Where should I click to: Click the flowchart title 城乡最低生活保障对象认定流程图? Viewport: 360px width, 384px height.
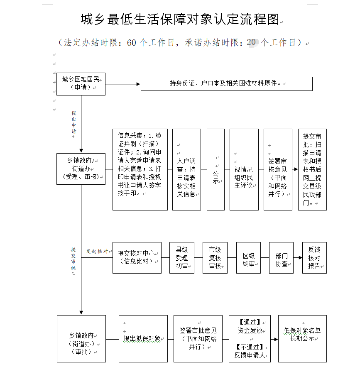[180, 19]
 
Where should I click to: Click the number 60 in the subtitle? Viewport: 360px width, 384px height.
[132, 43]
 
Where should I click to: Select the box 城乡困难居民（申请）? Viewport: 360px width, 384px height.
[81, 83]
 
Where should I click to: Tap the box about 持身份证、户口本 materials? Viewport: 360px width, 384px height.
[226, 83]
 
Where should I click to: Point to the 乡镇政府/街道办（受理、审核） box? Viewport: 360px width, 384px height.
[81, 169]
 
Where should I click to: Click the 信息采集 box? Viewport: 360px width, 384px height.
[140, 169]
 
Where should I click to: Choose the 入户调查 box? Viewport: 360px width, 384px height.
[186, 169]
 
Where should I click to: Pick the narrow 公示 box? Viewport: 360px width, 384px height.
[216, 169]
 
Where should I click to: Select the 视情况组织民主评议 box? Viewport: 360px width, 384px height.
[244, 169]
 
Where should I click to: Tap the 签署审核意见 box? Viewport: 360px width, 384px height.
[278, 169]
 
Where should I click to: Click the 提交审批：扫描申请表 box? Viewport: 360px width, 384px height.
[312, 169]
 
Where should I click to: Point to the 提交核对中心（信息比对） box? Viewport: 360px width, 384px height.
[137, 257]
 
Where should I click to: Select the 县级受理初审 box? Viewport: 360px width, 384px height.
[182, 257]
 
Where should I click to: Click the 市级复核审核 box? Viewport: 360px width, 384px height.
[215, 257]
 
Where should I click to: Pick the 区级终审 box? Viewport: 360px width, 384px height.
[249, 257]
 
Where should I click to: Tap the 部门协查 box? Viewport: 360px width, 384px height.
[281, 257]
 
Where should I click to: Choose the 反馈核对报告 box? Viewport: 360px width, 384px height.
[314, 257]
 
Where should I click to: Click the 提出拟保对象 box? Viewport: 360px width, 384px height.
[143, 338]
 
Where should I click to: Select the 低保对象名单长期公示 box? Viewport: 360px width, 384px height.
[302, 338]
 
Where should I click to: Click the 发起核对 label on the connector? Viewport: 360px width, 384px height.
[97, 252]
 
